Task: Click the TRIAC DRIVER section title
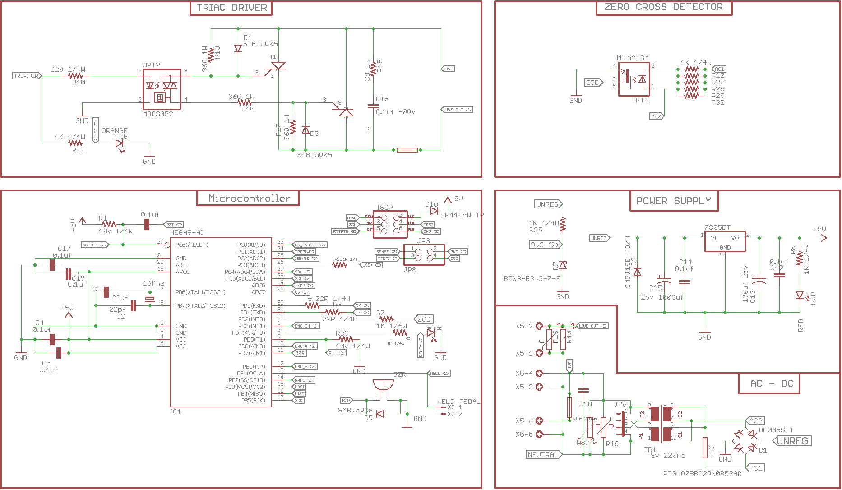coord(231,8)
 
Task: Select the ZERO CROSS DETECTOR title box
coord(663,7)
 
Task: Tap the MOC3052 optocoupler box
coord(162,89)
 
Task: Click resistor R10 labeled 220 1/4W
coord(75,76)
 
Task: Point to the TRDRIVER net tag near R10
coord(26,76)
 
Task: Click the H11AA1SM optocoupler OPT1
coord(634,79)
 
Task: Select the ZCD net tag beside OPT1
coord(593,83)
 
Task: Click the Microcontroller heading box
coord(248,199)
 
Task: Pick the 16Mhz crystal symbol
coord(149,298)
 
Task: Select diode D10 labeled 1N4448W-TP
coord(434,211)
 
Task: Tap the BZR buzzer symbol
coord(383,386)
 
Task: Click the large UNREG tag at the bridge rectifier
coord(792,441)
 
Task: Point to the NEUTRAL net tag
coord(543,454)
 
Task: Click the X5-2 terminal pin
coord(539,326)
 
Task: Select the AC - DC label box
coord(768,384)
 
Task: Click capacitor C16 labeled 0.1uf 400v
coord(373,107)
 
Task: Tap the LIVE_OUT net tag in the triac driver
coord(457,110)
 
